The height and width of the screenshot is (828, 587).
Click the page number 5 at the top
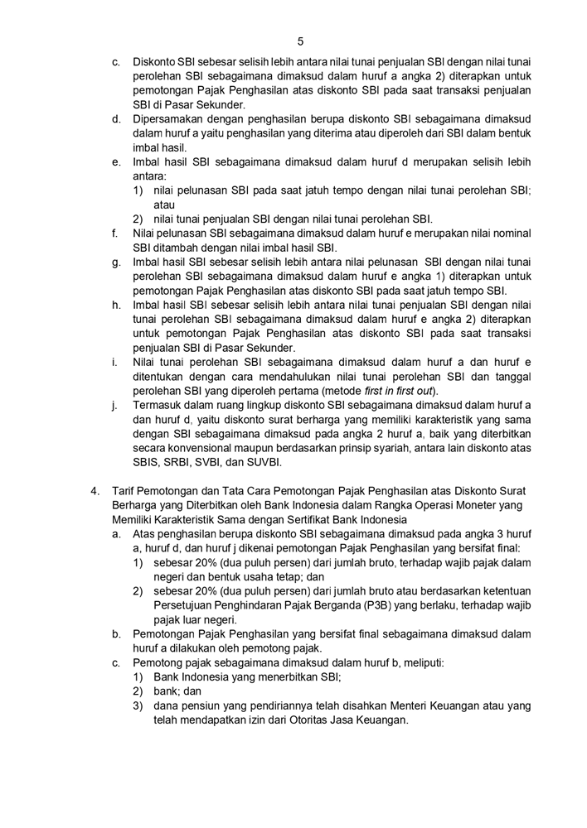tap(300, 41)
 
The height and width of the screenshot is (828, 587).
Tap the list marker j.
tap(115, 405)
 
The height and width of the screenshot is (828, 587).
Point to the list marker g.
tap(116, 262)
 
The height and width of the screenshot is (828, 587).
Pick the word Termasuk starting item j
tap(159, 405)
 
